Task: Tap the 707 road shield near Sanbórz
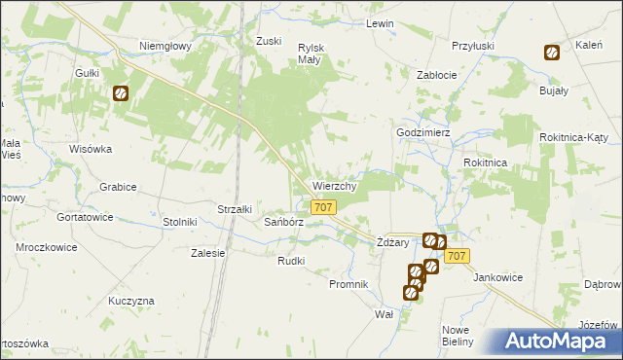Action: pyautogui.click(x=325, y=207)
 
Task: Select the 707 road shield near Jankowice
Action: pyautogui.click(x=458, y=255)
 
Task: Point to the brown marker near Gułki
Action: pyautogui.click(x=121, y=94)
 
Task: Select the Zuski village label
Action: pyautogui.click(x=268, y=41)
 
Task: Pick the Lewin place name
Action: pyautogui.click(x=379, y=22)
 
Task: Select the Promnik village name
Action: pyautogui.click(x=348, y=284)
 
